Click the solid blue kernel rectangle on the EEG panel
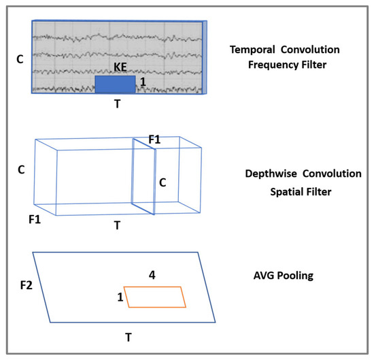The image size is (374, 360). point(115,84)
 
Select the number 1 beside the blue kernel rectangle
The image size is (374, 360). point(143,81)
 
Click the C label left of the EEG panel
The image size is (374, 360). point(20,59)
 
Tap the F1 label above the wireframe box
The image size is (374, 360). point(154,139)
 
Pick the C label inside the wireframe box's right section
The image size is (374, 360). point(163,182)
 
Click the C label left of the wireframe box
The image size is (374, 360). point(21,169)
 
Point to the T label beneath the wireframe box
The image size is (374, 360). point(116,224)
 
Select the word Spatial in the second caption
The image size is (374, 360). point(281,192)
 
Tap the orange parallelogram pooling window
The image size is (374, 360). point(156,297)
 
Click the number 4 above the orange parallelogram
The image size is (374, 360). point(153,276)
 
